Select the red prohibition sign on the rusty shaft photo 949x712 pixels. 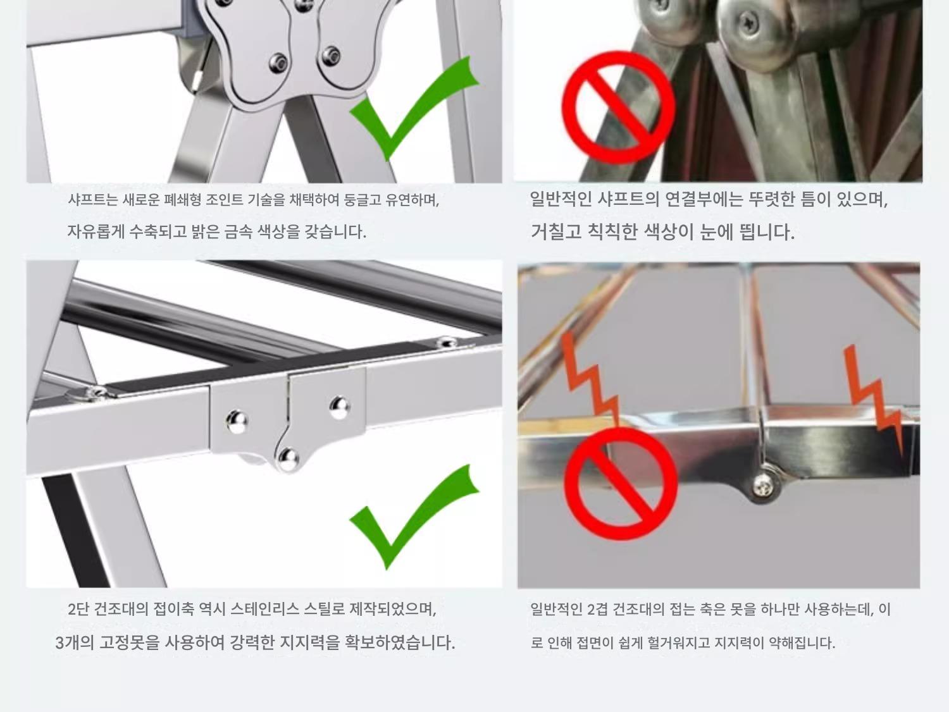pyautogui.click(x=618, y=108)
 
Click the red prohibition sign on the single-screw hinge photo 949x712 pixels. pyautogui.click(x=621, y=484)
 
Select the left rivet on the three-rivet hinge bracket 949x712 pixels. pyautogui.click(x=237, y=420)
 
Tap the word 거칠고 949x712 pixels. pyautogui.click(x=555, y=232)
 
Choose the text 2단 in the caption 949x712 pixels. pyautogui.click(x=78, y=609)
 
